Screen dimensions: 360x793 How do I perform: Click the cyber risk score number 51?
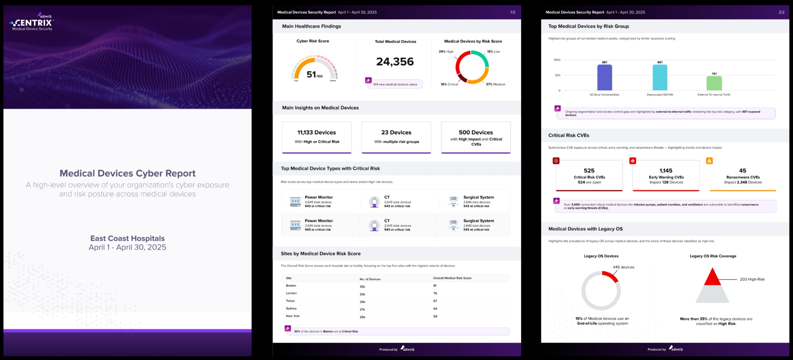pos(311,74)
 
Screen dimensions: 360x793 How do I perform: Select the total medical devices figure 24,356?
pos(395,62)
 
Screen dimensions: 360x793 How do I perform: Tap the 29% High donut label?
pos(446,51)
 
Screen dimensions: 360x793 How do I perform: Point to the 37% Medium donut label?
pos(495,84)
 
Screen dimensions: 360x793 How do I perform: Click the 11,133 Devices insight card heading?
pos(316,132)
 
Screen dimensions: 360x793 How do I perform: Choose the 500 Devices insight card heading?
pos(475,132)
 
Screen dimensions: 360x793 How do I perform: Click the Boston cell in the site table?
pos(291,286)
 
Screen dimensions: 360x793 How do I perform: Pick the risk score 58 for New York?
pos(435,316)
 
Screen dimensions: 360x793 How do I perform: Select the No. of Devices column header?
pos(370,279)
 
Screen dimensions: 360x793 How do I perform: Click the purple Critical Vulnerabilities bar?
pos(604,77)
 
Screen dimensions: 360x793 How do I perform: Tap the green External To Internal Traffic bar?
pos(714,83)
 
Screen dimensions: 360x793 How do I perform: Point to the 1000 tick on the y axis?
pos(557,60)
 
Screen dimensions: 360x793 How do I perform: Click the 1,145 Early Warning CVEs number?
pos(666,171)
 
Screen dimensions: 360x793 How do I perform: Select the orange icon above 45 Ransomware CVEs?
pos(709,161)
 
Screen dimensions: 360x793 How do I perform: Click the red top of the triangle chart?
pos(712,277)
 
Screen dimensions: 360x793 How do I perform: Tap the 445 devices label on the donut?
pos(623,267)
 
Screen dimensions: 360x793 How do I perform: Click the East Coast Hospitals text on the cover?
pos(127,238)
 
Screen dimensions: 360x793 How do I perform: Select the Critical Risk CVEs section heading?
pos(568,135)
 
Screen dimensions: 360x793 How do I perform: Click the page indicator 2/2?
pos(781,12)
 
